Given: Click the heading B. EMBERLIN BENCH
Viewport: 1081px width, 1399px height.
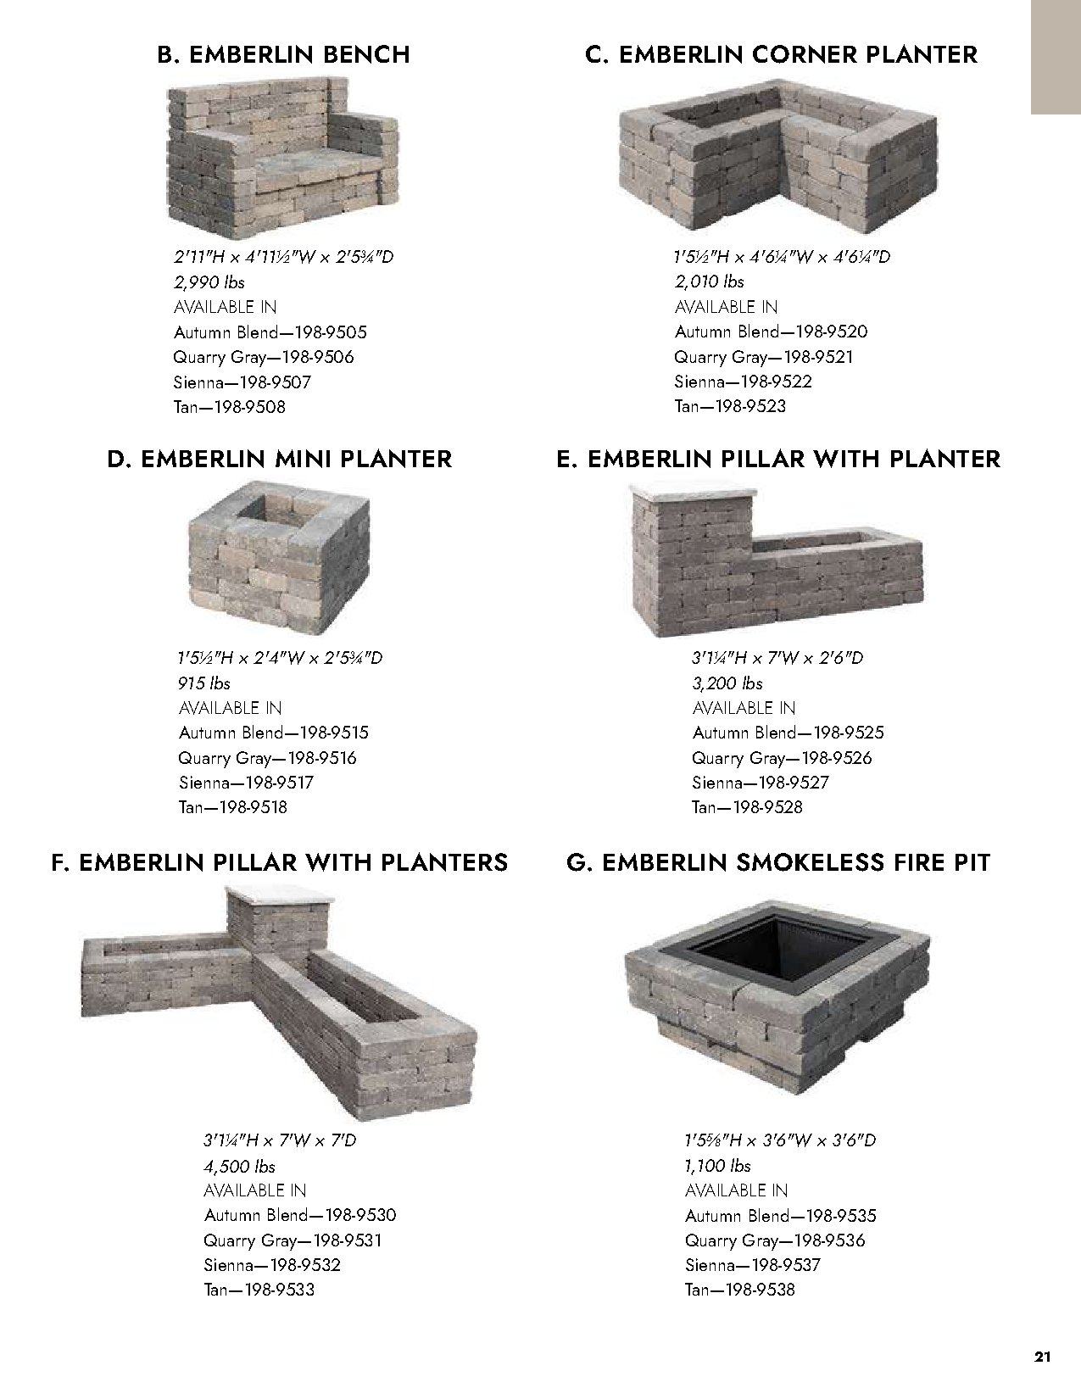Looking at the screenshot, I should (283, 55).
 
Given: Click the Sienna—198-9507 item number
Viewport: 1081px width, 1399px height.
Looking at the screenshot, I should (242, 382).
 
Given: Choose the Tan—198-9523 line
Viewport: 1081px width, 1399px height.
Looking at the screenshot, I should (730, 406).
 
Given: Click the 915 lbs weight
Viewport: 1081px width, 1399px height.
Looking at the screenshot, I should (204, 683).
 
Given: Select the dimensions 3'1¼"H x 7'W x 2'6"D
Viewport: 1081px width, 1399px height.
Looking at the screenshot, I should (777, 658).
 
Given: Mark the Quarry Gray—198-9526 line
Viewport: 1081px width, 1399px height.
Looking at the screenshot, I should (782, 758).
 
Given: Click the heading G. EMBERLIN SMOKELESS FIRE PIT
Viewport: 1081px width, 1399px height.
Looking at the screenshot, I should (777, 863).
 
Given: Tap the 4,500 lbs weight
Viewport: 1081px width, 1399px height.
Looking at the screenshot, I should (239, 1166).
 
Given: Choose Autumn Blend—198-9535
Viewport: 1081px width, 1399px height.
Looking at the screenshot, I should (781, 1216).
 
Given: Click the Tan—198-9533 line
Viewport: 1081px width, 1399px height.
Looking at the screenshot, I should (259, 1290).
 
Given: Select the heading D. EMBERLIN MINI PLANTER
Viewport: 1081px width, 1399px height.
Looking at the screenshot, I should (279, 460).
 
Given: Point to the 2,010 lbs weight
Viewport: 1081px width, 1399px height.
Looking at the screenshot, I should (710, 281).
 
